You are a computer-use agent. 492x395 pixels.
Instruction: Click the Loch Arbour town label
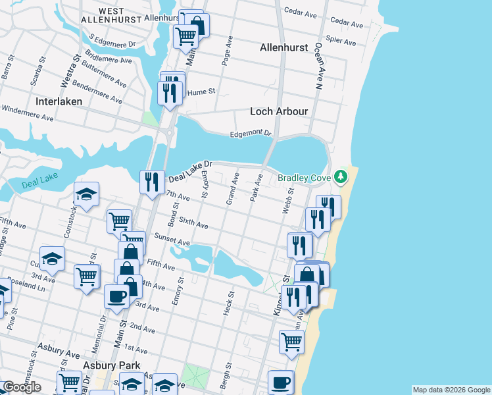pos(279,111)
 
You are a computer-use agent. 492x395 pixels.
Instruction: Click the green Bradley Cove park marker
pos(340,176)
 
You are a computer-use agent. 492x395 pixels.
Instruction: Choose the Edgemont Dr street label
pos(250,134)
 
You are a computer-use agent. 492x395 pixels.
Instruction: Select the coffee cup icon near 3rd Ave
pos(116,296)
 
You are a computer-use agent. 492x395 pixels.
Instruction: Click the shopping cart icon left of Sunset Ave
pos(120,221)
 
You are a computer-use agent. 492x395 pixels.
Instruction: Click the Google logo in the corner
pos(21,387)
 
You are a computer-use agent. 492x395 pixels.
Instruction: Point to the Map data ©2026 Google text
pos(451,390)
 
